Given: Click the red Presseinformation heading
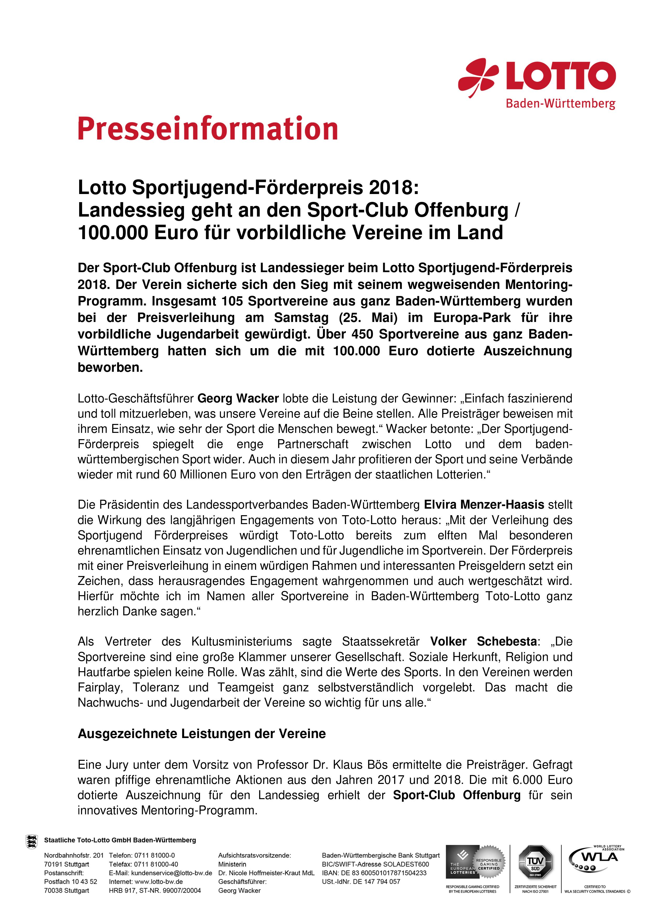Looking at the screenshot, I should pyautogui.click(x=208, y=129).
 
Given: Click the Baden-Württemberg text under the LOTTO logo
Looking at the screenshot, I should pyautogui.click(x=560, y=104).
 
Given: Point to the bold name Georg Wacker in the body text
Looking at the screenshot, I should pyautogui.click(x=238, y=399).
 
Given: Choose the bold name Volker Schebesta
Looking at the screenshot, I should pyautogui.click(x=483, y=642).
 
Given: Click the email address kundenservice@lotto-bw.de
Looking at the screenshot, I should pyautogui.click(x=171, y=873).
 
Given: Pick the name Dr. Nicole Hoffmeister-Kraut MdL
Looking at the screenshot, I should pyautogui.click(x=266, y=873).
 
